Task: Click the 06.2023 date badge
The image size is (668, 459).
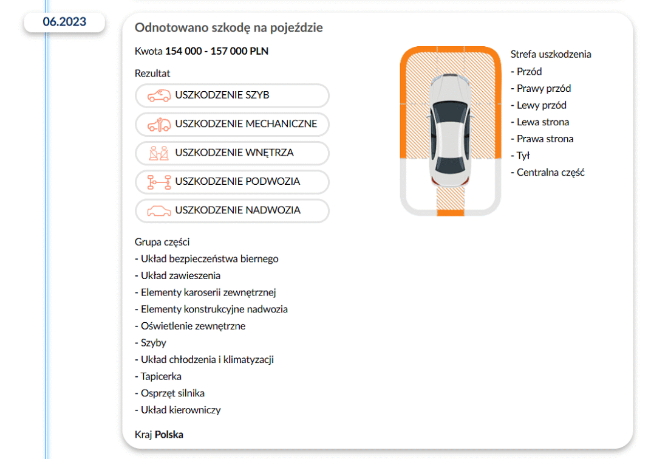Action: click(64, 22)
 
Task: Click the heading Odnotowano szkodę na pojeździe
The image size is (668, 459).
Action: click(228, 27)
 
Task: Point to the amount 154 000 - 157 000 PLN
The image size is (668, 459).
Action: click(217, 51)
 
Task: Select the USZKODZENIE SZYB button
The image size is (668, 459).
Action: click(232, 95)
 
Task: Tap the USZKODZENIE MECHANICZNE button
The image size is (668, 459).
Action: click(232, 124)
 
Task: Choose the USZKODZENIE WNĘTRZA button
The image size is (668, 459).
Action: click(232, 153)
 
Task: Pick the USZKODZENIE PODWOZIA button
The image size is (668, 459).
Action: click(232, 181)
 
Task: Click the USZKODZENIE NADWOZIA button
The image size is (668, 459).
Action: click(232, 210)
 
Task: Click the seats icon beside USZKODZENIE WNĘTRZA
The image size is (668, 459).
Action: click(158, 153)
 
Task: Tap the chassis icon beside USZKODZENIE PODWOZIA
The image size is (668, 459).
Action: click(158, 182)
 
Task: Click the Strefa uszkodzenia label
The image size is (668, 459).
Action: click(551, 54)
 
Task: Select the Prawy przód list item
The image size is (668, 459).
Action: click(544, 88)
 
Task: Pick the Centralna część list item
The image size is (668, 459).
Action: click(550, 172)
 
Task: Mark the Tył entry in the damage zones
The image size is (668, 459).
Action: click(523, 156)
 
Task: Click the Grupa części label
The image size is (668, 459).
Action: click(162, 242)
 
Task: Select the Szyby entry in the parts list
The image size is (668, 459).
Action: click(153, 343)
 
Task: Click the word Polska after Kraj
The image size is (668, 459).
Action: click(169, 435)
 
